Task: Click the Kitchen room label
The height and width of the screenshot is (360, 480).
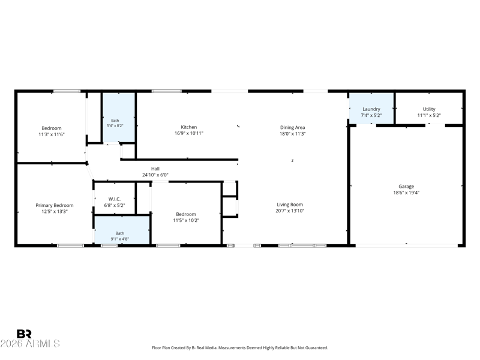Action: pyautogui.click(x=189, y=127)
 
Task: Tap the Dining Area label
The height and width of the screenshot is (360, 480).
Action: pyautogui.click(x=292, y=127)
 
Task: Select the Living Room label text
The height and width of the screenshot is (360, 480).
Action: pyautogui.click(x=290, y=205)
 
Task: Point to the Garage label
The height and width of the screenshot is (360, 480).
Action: pyautogui.click(x=406, y=187)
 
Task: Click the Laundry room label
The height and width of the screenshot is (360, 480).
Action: pyautogui.click(x=371, y=109)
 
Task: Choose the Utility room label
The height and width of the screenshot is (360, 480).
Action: pyautogui.click(x=429, y=109)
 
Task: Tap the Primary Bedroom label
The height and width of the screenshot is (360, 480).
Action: pyautogui.click(x=55, y=205)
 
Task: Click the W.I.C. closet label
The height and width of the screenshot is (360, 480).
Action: pyautogui.click(x=115, y=199)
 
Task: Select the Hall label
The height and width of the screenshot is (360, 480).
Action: pyautogui.click(x=155, y=169)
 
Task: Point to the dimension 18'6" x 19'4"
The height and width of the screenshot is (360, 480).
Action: pyautogui.click(x=406, y=193)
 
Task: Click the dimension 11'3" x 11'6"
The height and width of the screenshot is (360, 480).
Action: pyautogui.click(x=52, y=134)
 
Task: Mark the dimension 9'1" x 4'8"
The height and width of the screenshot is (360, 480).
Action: pyautogui.click(x=119, y=239)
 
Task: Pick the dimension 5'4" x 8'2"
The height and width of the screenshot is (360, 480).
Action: pyautogui.click(x=115, y=125)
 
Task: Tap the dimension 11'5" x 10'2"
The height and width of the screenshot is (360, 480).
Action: pyautogui.click(x=186, y=220)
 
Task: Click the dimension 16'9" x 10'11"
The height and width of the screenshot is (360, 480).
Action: pyautogui.click(x=189, y=133)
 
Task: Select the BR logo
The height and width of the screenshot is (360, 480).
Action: pyautogui.click(x=24, y=334)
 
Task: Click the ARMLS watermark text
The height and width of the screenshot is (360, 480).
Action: pyautogui.click(x=30, y=343)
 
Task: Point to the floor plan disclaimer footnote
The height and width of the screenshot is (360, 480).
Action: pyautogui.click(x=240, y=348)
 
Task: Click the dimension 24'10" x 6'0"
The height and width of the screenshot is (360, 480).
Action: pyautogui.click(x=155, y=175)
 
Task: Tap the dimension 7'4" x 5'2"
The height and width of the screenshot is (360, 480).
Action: pyautogui.click(x=371, y=115)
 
